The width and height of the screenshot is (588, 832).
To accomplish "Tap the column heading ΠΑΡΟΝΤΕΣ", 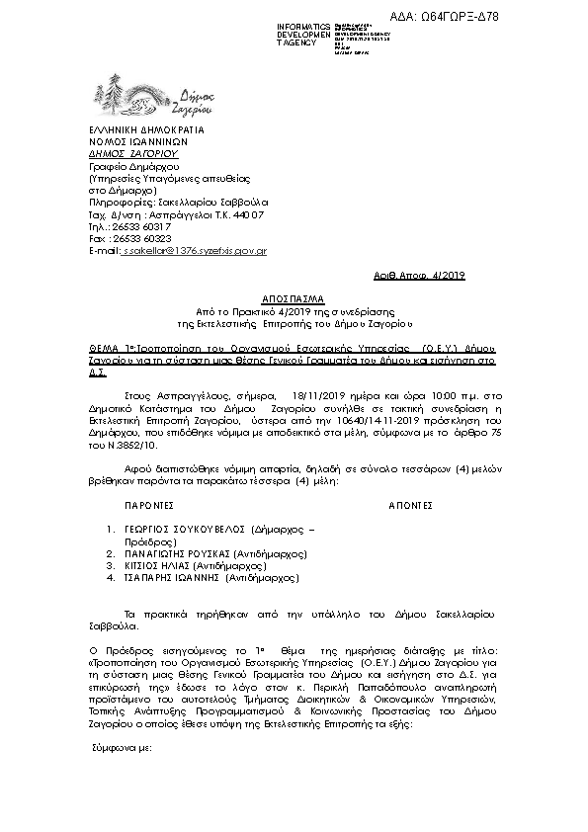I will click(152, 503).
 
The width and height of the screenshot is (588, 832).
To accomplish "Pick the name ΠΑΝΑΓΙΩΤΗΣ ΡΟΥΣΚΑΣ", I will click(177, 554).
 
